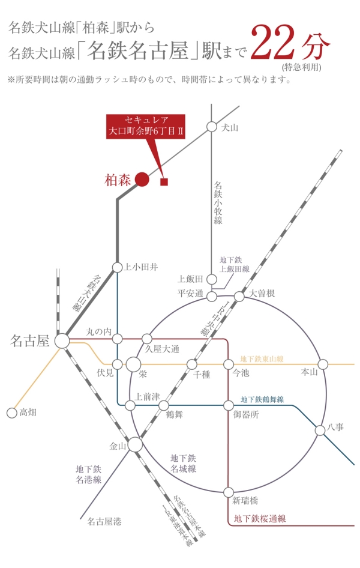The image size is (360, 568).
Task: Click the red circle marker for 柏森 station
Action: tap(142, 179)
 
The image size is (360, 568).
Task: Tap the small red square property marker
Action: tap(164, 182)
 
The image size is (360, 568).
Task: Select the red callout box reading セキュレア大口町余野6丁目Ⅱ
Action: tap(146, 127)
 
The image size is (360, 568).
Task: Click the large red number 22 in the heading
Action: tap(275, 43)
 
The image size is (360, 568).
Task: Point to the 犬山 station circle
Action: tap(212, 127)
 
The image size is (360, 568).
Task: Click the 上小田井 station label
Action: tap(141, 267)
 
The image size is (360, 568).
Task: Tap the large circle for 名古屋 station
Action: tap(62, 341)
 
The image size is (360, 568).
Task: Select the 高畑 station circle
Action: tap(12, 412)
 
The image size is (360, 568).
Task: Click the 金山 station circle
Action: tap(136, 444)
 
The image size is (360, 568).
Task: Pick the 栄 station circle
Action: tap(133, 364)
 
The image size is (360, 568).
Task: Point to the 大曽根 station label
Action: tap(262, 293)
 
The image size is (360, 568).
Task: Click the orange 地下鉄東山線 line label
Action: tap(262, 359)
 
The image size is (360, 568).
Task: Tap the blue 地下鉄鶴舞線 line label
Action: tap(262, 399)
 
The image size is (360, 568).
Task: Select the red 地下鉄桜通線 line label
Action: tap(260, 518)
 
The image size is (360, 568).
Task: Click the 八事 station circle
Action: tap(320, 431)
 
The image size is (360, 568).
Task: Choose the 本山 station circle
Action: tap(323, 364)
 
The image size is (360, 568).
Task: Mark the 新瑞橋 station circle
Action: tap(229, 492)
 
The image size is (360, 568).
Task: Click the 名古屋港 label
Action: tap(104, 522)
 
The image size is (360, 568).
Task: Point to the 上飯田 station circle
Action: tap(212, 279)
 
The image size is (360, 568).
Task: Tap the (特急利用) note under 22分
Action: tap(301, 67)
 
